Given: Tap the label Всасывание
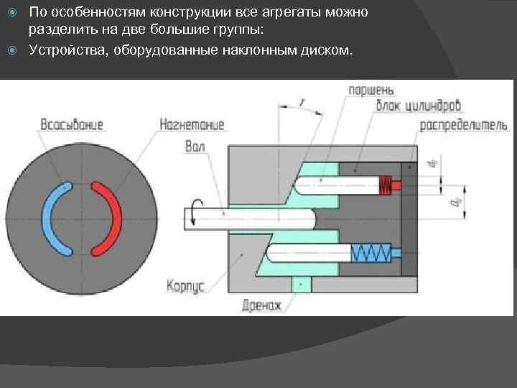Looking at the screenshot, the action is click(71, 124).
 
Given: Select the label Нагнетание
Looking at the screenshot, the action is click(192, 124).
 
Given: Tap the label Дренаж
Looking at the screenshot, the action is click(263, 305).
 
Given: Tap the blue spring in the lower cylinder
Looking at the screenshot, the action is click(371, 252).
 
